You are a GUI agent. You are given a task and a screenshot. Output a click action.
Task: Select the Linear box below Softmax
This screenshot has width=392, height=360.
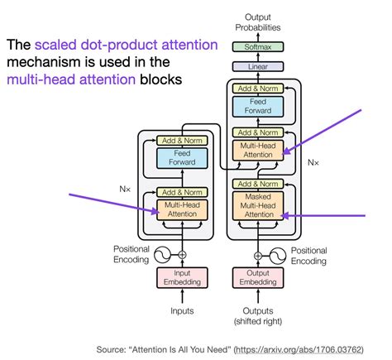258,66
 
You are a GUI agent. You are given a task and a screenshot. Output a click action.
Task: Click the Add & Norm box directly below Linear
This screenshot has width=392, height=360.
258,88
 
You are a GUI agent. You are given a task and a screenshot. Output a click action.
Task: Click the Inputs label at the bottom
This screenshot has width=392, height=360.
182,311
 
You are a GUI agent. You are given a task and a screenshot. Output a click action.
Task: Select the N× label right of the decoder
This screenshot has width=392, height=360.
314,163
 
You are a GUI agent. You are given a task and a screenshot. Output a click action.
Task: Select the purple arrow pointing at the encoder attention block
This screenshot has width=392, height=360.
116,202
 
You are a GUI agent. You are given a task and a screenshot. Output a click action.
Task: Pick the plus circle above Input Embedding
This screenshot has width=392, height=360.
182,254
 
